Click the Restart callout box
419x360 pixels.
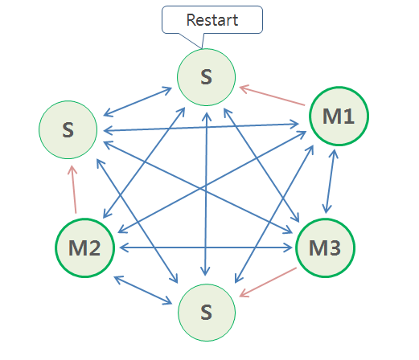pyautogui.click(x=212, y=20)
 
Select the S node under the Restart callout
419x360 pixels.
pyautogui.click(x=207, y=77)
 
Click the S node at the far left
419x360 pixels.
pyautogui.click(x=68, y=129)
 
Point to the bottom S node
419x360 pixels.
pyautogui.click(x=207, y=311)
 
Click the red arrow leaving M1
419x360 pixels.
pyautogui.click(x=273, y=94)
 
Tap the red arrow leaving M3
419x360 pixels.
pyautogui.click(x=267, y=282)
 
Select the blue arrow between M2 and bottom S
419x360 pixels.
pyautogui.click(x=145, y=290)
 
